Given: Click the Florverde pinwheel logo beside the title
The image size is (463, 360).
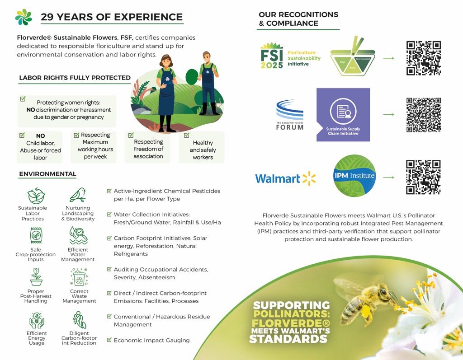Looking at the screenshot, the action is click(24, 17).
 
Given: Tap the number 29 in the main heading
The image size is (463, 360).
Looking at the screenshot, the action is click(47, 17).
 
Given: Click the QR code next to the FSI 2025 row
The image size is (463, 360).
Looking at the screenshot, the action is click(424, 58).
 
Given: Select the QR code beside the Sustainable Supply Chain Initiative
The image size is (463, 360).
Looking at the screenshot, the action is click(424, 114).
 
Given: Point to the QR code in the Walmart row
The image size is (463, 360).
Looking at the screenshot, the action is click(423, 178).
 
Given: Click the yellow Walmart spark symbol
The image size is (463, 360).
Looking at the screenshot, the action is click(309, 178).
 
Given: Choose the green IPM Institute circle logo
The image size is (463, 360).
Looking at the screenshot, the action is click(354, 176).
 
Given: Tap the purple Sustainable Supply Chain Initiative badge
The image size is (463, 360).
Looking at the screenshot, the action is click(343, 115).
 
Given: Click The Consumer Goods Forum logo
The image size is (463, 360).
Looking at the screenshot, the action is click(290, 115).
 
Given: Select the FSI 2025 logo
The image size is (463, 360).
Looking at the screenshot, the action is click(290, 56).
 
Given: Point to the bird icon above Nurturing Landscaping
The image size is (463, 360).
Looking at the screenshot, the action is click(78, 195).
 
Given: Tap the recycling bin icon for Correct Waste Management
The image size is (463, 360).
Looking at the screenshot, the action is click(79, 277).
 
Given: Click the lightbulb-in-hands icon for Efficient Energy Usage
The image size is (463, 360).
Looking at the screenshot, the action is click(37, 320).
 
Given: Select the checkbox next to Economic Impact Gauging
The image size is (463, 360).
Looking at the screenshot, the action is click(109, 340).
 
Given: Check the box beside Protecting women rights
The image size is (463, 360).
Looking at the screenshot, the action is click(23, 99).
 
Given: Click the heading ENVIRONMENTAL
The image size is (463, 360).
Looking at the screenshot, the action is click(47, 174).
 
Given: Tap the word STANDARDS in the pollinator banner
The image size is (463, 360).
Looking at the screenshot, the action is click(288, 339).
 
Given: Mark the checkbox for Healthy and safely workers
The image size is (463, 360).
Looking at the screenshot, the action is click(187, 135).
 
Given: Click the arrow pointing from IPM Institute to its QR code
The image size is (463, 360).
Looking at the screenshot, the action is click(388, 178).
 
